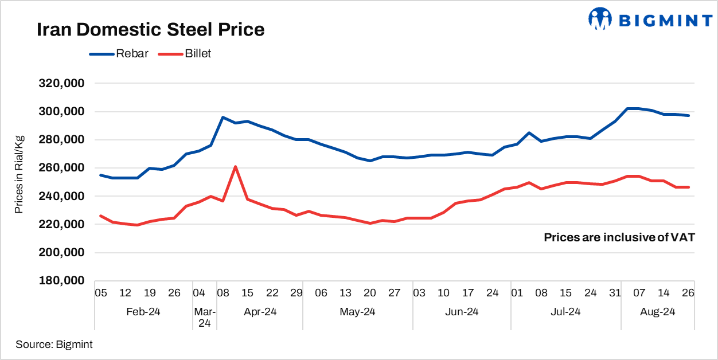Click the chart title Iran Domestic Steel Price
click(x=151, y=30)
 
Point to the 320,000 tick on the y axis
click(x=61, y=84)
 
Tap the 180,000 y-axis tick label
click(x=61, y=281)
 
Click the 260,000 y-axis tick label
click(x=61, y=168)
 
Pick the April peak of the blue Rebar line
click(x=223, y=117)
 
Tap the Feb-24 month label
click(x=143, y=312)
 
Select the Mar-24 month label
click(x=205, y=318)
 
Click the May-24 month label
click(x=358, y=312)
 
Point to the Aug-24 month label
click(x=657, y=312)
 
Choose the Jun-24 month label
click(x=462, y=312)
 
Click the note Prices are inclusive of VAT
click(x=619, y=237)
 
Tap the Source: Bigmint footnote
click(x=54, y=345)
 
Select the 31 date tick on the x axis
click(x=615, y=293)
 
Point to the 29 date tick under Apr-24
click(x=296, y=293)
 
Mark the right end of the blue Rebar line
click(x=688, y=116)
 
